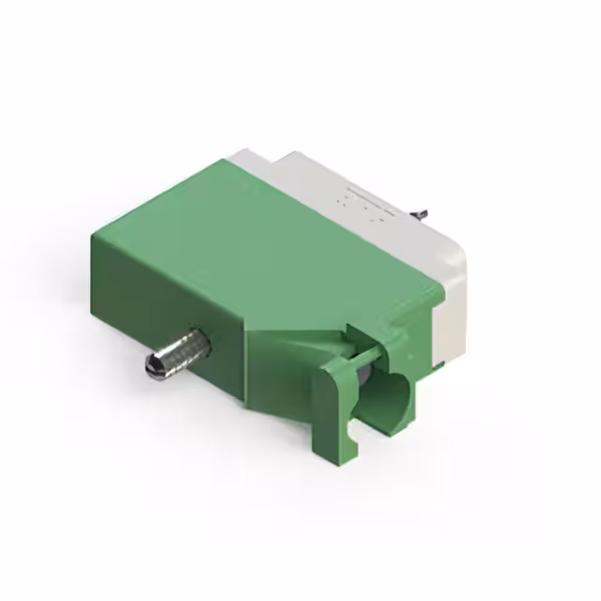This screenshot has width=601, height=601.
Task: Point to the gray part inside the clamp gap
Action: pyautogui.click(x=362, y=380)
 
